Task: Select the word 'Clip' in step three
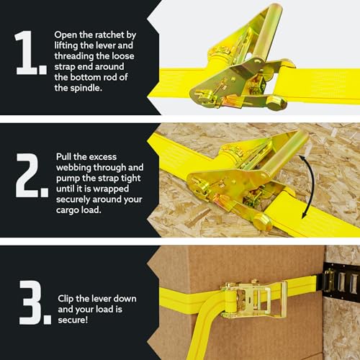click(x=68, y=298)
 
